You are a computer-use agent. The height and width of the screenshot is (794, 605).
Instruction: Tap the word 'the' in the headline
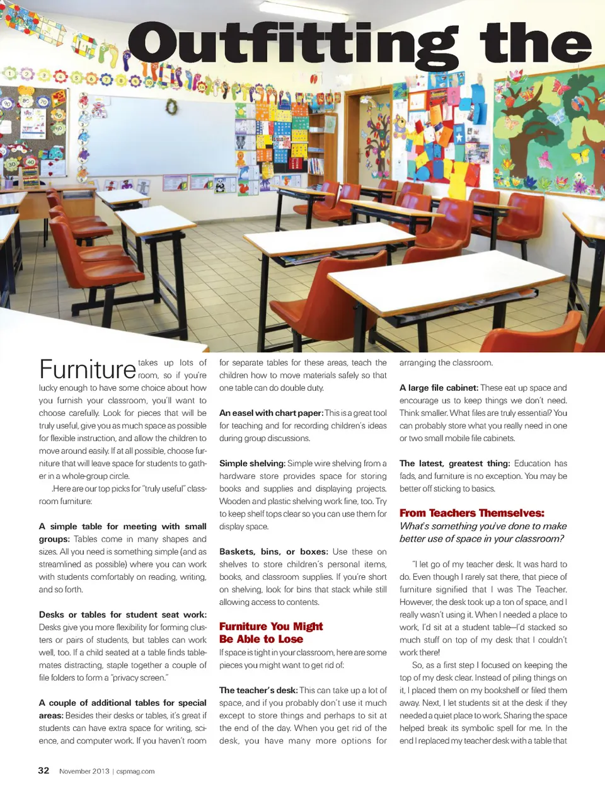pos(536,43)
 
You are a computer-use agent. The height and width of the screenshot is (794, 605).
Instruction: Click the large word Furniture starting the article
pos(88,369)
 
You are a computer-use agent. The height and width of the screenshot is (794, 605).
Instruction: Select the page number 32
pos(43,770)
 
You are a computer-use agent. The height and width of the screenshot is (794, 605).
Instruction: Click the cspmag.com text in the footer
pos(135,771)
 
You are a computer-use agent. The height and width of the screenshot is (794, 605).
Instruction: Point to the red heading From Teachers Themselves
pos(471,513)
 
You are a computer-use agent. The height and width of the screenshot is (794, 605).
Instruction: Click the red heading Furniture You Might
pos(271,626)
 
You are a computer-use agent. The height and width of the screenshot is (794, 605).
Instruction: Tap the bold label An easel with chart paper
pos(271,413)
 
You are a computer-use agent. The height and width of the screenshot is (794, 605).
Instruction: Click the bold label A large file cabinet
pos(439,388)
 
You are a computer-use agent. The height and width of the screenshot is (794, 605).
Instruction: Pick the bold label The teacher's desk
pos(258,690)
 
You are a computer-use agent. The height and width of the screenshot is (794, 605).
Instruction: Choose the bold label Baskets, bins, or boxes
pos(274,551)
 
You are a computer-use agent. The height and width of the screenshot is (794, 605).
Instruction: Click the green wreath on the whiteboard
pos(171,107)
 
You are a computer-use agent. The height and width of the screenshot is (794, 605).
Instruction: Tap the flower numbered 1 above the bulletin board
pos(11,74)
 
